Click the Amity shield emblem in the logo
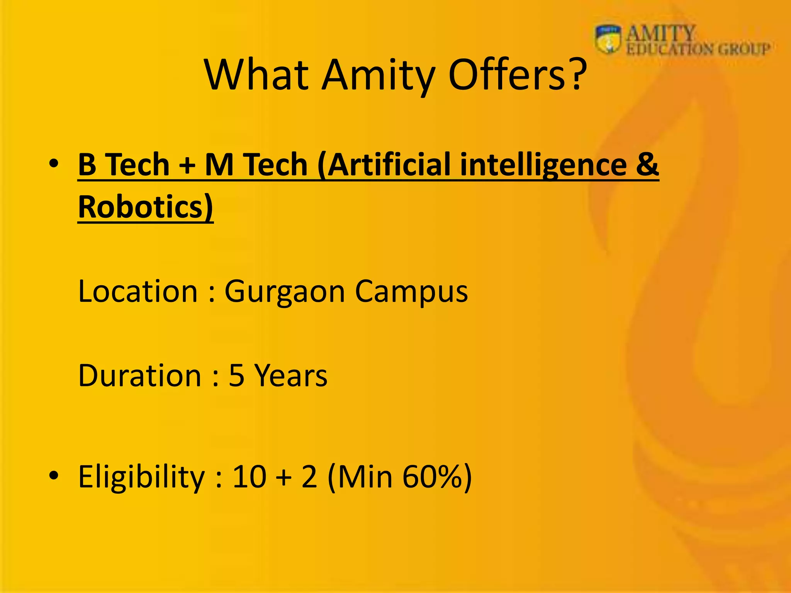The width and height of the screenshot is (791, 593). pos(608,39)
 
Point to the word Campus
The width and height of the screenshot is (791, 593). pos(411,292)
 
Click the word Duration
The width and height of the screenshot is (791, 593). pos(139,375)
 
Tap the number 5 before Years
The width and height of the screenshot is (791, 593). pos(236,375)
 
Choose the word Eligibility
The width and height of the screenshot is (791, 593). pos(141,477)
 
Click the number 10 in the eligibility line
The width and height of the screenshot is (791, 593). pos(249,476)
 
